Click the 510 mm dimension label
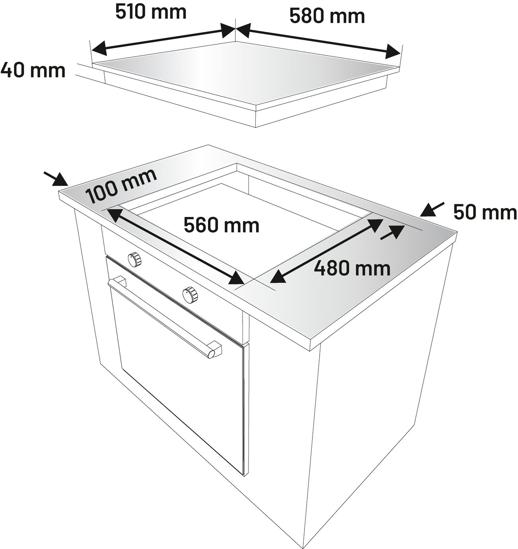(151, 12)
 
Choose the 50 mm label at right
(485, 213)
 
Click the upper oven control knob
(134, 259)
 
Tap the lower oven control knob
(190, 294)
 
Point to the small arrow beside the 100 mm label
(56, 179)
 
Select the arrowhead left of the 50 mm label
(432, 209)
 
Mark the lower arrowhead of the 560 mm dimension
(237, 278)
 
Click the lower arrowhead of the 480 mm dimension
(278, 277)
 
